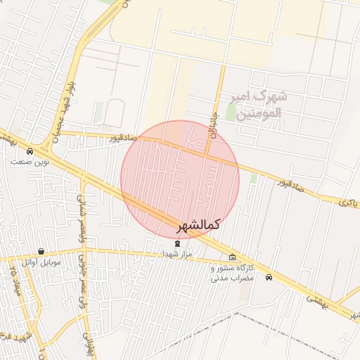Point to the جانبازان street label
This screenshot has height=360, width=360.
point(212,120)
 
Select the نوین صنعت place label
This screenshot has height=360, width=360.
point(30,162)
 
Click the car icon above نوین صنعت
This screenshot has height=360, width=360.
point(30,151)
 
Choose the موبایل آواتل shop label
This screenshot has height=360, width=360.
point(41,262)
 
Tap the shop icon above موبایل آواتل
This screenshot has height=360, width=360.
point(41,252)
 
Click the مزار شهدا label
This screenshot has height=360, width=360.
point(176,254)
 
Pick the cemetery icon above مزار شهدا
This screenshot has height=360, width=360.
point(176,243)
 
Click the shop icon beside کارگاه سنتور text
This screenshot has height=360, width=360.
point(233,257)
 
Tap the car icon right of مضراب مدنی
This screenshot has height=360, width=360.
point(269,277)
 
